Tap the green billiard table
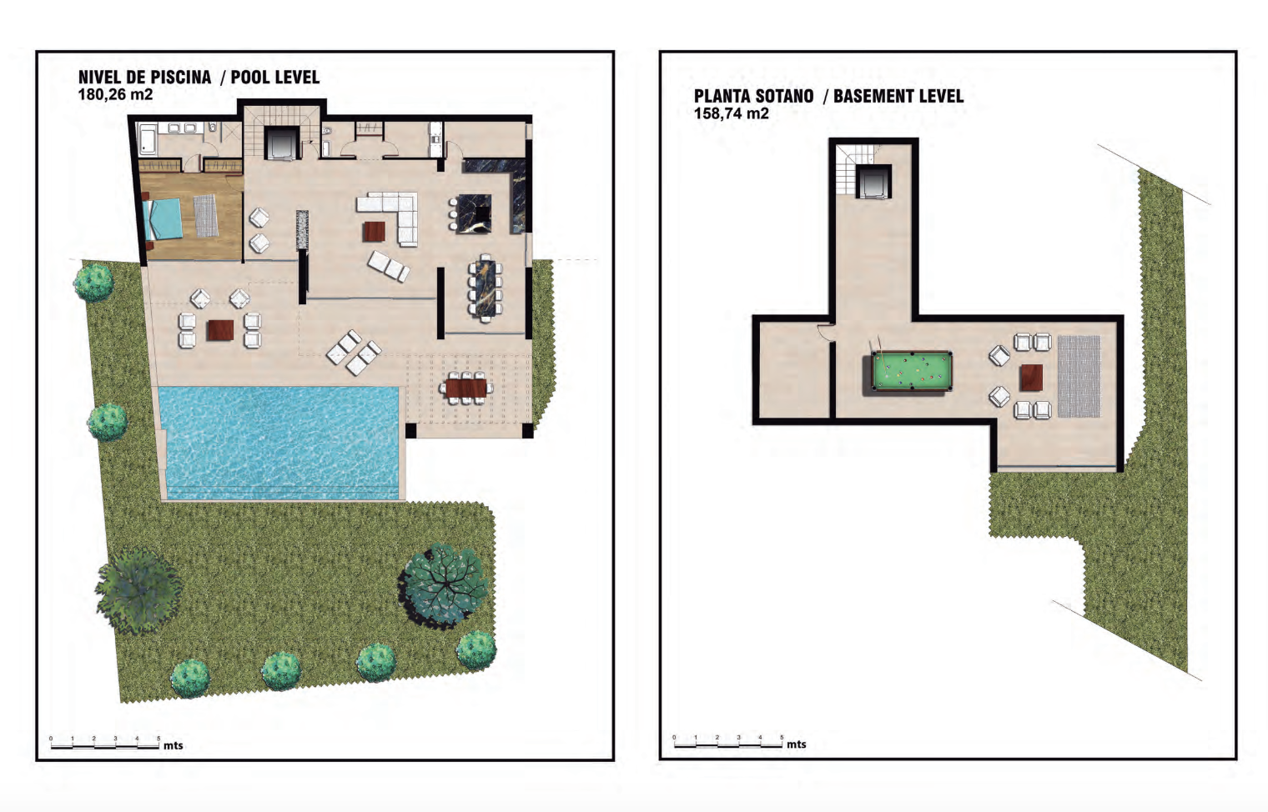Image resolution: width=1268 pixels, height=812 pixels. (x=911, y=371)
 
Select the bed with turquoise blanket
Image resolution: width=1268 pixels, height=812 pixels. (x=164, y=219)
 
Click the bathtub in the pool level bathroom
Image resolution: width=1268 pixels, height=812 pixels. (x=147, y=139)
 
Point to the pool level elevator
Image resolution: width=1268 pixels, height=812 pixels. (x=281, y=143)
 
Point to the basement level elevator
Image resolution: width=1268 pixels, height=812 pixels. (x=873, y=181)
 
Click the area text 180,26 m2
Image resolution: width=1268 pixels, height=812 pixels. (x=115, y=94)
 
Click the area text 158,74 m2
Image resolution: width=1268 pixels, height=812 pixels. (x=732, y=113)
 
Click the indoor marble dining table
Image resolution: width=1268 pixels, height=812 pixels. (x=486, y=288)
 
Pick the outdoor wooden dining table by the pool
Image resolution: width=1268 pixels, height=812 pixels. (x=465, y=388)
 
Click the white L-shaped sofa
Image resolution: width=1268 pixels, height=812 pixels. (x=390, y=216)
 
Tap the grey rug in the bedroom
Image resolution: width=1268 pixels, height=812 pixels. (x=206, y=216)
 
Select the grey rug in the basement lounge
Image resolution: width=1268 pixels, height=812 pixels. (x=1079, y=377)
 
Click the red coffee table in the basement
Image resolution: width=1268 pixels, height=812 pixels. (x=1031, y=378)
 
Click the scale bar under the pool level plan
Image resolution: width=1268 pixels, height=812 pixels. (x=105, y=746)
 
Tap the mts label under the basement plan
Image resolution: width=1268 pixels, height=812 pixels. (x=796, y=744)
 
